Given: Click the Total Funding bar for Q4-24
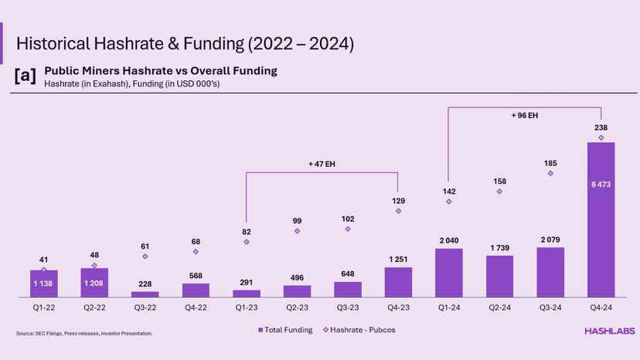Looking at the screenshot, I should pos(601,220).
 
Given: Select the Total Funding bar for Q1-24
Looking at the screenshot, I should pos(449,273).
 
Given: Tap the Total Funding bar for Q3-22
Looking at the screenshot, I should pos(145,294).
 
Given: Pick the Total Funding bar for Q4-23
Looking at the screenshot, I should pos(398,283).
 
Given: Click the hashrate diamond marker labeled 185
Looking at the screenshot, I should pos(550,174).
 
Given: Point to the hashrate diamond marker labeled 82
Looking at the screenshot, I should pos(247,242).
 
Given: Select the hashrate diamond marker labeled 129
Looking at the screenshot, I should pos(398,210).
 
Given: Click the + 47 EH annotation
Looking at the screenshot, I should pos(322,164).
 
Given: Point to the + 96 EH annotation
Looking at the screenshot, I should pos(525,115).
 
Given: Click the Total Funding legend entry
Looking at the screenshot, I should pos(284,330).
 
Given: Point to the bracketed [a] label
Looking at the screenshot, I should pos(26,76).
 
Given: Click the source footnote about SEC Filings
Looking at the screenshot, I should pos(84,334).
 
